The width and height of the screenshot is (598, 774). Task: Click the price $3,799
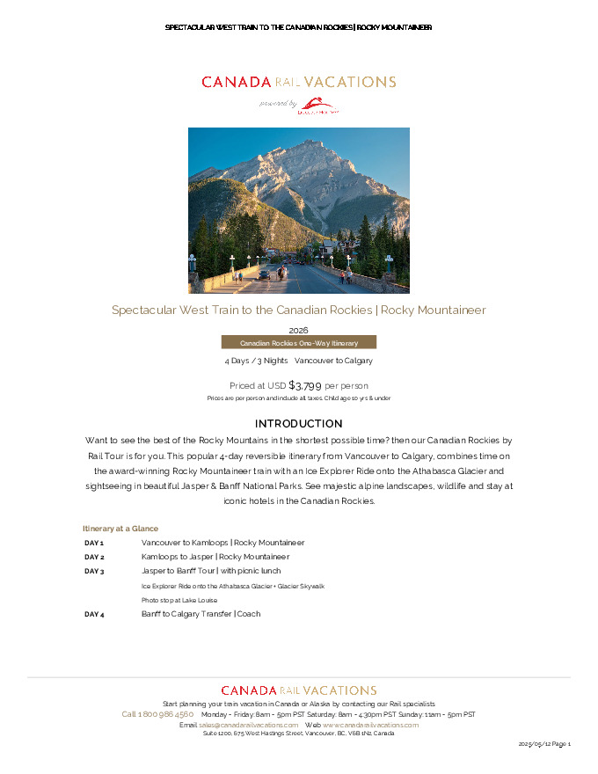pos(305,385)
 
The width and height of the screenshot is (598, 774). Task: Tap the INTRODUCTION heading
pos(298,424)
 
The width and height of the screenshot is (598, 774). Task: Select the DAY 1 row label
pos(94,544)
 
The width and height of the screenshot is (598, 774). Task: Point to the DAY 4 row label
pos(94,615)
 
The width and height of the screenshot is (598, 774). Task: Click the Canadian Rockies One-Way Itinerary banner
pos(298,342)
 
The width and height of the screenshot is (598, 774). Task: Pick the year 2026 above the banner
pos(298,330)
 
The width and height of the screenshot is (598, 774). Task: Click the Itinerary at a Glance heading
pos(120,529)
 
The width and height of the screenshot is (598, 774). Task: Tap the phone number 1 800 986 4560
pos(157,714)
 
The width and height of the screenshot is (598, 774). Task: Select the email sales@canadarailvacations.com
pos(249,725)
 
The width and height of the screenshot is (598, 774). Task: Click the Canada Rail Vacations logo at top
pos(298,82)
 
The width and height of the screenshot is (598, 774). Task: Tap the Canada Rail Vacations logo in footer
pos(298,690)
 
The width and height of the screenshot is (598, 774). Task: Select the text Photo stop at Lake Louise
pos(179,600)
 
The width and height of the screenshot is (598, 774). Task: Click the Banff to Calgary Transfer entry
pos(201,614)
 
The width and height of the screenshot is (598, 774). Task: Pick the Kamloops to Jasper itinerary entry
pos(215,557)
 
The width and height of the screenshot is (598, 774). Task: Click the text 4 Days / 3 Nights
pos(256,361)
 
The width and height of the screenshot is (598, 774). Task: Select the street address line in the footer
pos(298,734)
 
